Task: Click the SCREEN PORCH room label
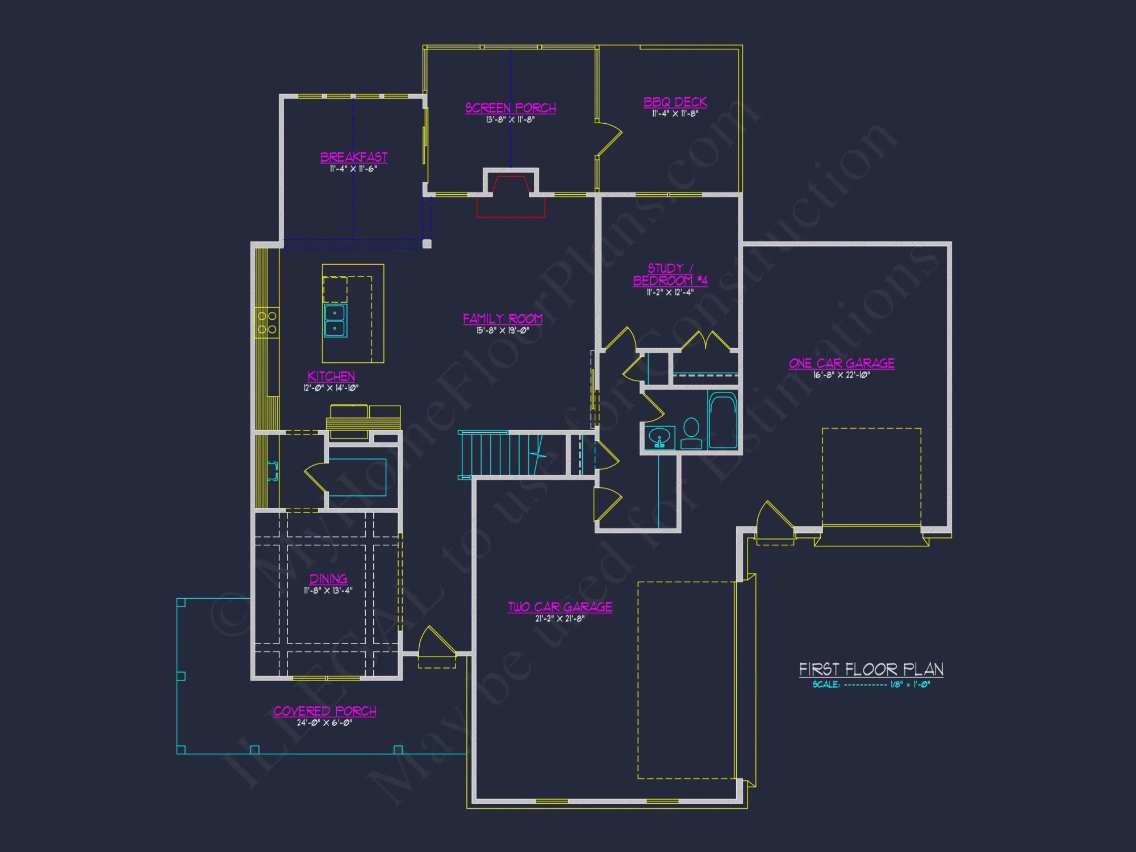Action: coord(510,108)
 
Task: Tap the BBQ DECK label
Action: coord(675,102)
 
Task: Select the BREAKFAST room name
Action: coord(353,157)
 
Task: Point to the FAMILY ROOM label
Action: coord(503,319)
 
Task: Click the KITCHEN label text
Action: coord(331,377)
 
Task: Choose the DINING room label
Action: coord(328,579)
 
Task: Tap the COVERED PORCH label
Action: coord(324,711)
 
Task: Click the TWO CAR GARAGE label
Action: coord(560,607)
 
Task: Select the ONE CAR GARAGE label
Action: coord(841,364)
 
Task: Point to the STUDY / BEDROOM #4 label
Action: coord(670,274)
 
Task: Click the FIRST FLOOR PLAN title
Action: coord(871,670)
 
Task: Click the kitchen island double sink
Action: coord(335,321)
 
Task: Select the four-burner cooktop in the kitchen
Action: coord(267,323)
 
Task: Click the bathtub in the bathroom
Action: coord(722,420)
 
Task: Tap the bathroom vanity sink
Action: coord(659,438)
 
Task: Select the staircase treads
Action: coord(497,454)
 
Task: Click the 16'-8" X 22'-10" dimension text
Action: coord(841,375)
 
